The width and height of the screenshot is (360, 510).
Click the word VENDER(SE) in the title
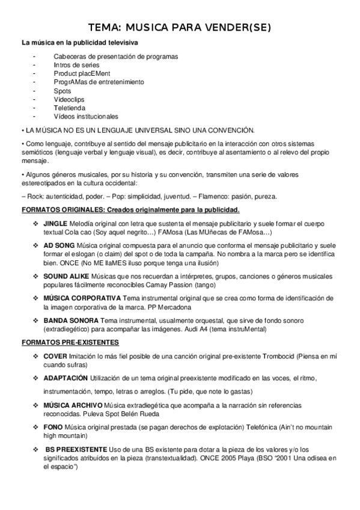(x=237, y=28)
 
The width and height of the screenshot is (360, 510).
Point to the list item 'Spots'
(x=63, y=91)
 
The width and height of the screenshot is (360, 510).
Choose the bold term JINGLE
(x=55, y=224)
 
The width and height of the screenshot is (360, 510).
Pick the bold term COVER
(x=55, y=356)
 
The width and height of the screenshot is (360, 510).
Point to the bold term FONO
(x=53, y=426)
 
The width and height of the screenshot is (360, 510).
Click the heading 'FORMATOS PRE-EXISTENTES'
(x=70, y=342)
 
